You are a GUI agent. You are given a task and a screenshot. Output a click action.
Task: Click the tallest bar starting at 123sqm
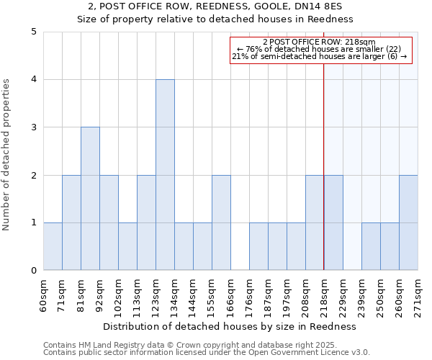tap(165, 175)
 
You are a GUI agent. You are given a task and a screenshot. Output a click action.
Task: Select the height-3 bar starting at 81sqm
tap(90, 199)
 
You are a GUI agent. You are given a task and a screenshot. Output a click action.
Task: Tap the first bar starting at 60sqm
tap(53, 246)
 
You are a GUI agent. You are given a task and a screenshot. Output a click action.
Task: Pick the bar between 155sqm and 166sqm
tap(221, 222)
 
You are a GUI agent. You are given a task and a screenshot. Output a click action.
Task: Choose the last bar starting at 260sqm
tap(408, 222)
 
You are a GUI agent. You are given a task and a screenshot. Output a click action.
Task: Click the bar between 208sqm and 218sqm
tap(315, 222)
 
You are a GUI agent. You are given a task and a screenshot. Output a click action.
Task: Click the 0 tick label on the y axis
tap(34, 271)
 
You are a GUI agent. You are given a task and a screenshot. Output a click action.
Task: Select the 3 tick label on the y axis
tap(34, 127)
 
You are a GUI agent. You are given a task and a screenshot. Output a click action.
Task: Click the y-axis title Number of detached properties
tap(7, 155)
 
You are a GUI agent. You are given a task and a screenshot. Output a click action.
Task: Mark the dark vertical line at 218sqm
tap(324, 180)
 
